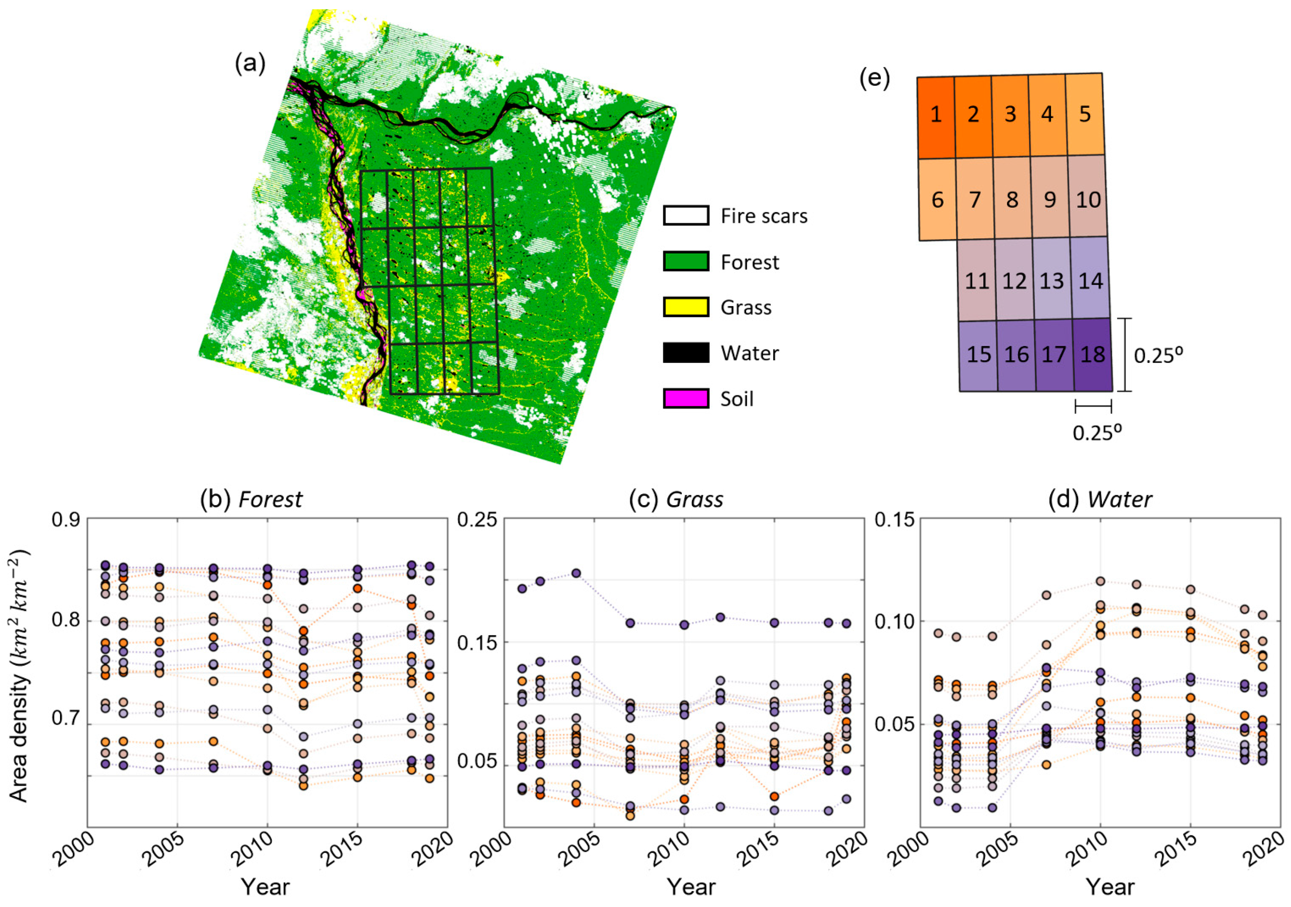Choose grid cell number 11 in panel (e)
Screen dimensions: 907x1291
point(977,280)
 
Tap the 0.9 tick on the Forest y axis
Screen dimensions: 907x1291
point(66,519)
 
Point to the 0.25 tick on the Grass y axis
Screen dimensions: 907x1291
point(477,519)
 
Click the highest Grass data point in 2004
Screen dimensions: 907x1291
point(576,573)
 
